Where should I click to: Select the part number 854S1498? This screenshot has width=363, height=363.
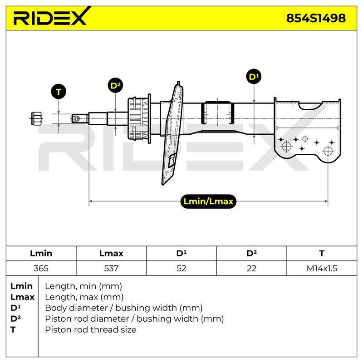(x=316, y=18)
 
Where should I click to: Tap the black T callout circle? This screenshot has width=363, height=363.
(x=59, y=92)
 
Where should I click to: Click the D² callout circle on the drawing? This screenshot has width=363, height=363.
(x=115, y=86)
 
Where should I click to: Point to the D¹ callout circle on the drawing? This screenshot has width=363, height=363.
(x=254, y=77)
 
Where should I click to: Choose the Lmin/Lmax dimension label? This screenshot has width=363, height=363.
(x=208, y=201)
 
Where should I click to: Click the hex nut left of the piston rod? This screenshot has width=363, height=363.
(x=36, y=118)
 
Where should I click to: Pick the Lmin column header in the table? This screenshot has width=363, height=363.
(x=41, y=253)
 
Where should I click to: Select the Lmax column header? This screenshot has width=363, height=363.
(x=111, y=253)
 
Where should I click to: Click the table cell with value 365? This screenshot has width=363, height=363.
(x=41, y=268)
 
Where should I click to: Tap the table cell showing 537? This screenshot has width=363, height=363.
(x=111, y=268)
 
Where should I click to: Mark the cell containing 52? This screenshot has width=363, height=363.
(x=181, y=268)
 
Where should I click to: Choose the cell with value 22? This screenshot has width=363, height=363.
(x=251, y=268)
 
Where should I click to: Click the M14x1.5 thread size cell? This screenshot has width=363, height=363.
(x=322, y=268)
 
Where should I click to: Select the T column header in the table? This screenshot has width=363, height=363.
(x=322, y=253)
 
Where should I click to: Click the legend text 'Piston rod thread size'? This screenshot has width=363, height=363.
(x=91, y=330)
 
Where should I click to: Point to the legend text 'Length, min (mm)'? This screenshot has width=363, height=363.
(x=83, y=286)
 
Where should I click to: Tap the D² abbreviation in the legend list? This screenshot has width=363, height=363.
(x=15, y=319)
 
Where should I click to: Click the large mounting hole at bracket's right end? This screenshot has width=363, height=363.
(x=328, y=152)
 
